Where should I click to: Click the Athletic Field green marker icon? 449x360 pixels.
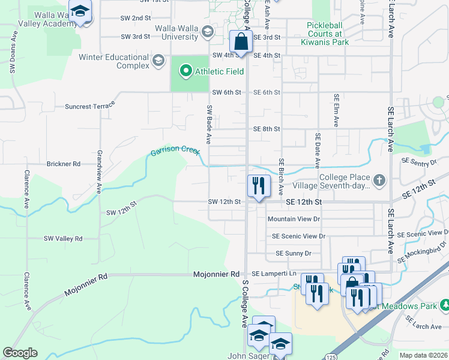(185, 71)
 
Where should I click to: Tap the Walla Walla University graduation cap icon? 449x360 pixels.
(208, 32)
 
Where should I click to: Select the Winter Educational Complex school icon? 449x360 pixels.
(158, 60)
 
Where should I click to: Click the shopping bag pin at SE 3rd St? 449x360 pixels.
(240, 43)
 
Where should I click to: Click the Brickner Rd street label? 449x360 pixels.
(64, 164)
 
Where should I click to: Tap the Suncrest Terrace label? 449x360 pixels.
(90, 107)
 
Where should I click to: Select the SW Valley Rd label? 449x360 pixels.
(63, 239)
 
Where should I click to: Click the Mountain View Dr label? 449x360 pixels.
(294, 220)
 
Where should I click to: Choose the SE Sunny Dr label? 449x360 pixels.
(294, 254)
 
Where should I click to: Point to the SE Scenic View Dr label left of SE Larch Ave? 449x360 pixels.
(298, 236)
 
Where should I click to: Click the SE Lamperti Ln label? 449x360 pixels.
(274, 274)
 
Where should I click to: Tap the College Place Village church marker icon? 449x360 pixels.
(379, 179)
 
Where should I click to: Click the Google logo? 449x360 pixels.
(20, 353)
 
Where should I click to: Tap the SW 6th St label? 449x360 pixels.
(227, 92)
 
